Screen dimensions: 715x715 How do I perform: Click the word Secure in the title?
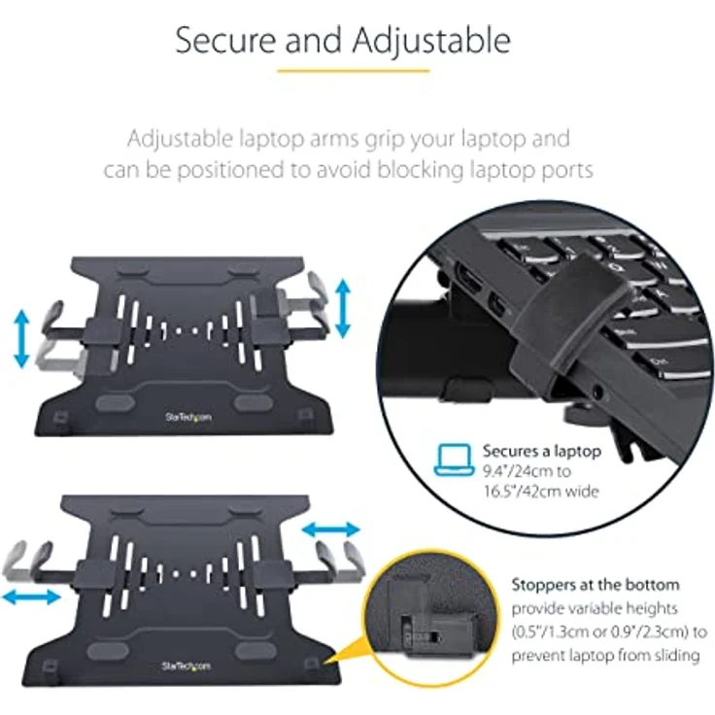pos(225,40)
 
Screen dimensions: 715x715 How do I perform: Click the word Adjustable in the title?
pos(431,41)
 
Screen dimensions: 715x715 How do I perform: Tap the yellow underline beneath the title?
pos(354,71)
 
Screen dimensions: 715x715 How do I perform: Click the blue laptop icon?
pos(455,460)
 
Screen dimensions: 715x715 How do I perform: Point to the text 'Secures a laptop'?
pos(542,451)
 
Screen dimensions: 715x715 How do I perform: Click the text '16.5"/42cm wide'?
pos(541,492)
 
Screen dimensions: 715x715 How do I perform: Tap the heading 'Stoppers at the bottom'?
pos(596,584)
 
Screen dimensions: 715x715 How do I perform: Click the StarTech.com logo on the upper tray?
pos(188,417)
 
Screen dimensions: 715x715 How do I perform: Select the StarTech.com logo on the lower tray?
pos(187,666)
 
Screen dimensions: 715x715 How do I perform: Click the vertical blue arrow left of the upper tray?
pos(21,338)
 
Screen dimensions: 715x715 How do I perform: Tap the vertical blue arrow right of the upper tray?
pos(343,308)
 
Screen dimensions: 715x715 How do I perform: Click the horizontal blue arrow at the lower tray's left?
pos(31,596)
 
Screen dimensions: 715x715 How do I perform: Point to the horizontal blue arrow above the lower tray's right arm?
pos(331,529)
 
